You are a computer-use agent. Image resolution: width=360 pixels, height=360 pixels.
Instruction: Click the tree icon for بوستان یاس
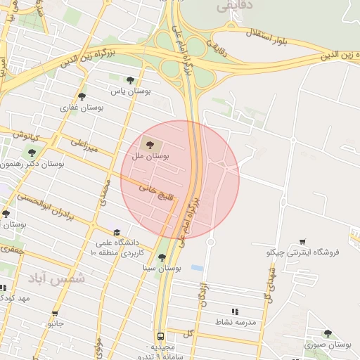tap(130, 79)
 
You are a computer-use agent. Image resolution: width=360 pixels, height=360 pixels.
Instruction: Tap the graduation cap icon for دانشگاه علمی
tap(117, 231)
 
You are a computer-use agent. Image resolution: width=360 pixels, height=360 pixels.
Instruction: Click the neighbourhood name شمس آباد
tap(56, 278)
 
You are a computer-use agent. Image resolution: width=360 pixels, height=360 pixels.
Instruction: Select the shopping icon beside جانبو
tap(55, 314)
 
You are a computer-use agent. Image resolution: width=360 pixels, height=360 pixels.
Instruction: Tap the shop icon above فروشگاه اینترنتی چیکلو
tap(302, 242)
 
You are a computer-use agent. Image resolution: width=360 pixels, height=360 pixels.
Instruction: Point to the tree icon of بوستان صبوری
tap(328, 333)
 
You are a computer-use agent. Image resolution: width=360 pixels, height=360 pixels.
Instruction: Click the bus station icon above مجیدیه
tap(160, 336)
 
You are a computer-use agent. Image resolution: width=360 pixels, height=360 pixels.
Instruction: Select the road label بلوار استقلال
tap(268, 33)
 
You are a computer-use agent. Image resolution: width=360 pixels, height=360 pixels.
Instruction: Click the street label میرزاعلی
tap(84, 146)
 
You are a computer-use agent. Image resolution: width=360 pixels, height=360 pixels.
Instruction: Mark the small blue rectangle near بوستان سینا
tap(198, 268)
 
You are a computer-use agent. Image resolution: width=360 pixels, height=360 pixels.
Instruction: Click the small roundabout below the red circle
tap(210, 243)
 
